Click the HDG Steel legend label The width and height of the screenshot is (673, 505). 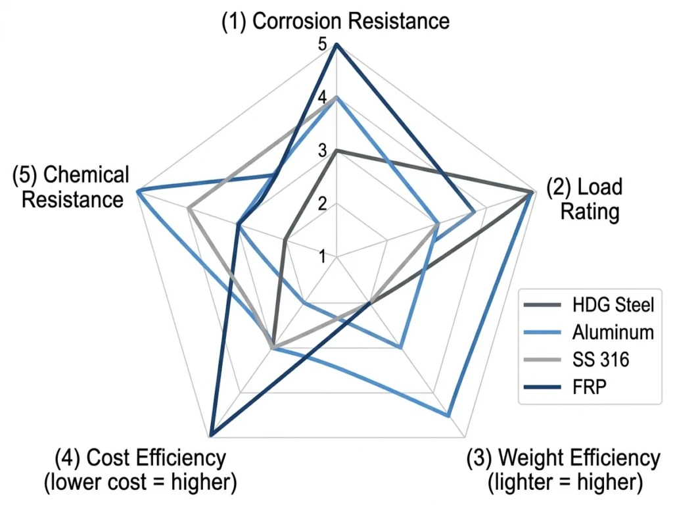pos(613,305)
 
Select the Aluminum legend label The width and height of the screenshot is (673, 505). pos(613,332)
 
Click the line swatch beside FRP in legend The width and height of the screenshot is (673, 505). pos(544,387)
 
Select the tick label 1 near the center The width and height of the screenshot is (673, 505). pos(323,256)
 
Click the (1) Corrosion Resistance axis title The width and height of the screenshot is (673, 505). pos(335,20)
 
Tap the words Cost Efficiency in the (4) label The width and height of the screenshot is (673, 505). pos(156,457)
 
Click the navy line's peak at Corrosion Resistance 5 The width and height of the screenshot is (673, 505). pos(336,44)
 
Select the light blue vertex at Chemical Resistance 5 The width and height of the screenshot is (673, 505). pos(137,191)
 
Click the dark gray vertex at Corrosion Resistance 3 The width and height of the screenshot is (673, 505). pos(336,151)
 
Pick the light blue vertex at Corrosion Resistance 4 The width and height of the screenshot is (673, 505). pos(336,97)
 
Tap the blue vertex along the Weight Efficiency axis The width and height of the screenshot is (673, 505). pos(448,416)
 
